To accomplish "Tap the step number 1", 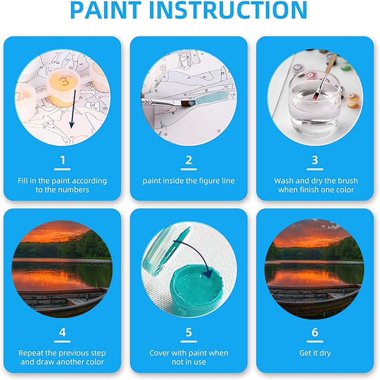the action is click(x=62, y=160).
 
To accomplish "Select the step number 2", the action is click(x=188, y=160).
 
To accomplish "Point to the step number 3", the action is click(x=315, y=160).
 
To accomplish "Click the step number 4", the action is click(x=62, y=332).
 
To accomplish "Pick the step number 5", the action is click(x=188, y=332).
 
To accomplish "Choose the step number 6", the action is click(x=315, y=332).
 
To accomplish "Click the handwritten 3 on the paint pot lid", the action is click(x=64, y=81).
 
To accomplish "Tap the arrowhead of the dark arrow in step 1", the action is click(x=72, y=124).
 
